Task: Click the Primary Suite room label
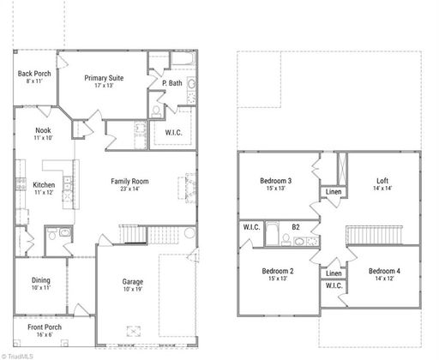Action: tap(104, 78)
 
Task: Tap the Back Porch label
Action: tap(34, 74)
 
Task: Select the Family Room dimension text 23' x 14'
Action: tap(129, 189)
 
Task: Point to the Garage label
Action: tap(133, 282)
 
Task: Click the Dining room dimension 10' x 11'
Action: tap(41, 287)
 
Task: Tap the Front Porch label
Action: tap(45, 327)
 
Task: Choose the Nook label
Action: tap(43, 130)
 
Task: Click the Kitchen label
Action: tap(44, 185)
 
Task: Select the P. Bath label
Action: tap(172, 83)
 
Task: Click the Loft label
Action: tap(382, 181)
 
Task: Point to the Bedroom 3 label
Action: tap(276, 181)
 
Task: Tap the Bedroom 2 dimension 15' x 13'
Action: tap(278, 279)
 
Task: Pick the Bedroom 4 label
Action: tap(384, 271)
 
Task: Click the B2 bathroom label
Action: tap(296, 227)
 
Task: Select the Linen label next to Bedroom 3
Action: tap(334, 192)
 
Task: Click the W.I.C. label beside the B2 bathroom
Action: tap(251, 227)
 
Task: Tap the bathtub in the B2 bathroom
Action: tap(272, 233)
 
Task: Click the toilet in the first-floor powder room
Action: tap(51, 235)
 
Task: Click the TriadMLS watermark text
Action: tap(17, 357)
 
